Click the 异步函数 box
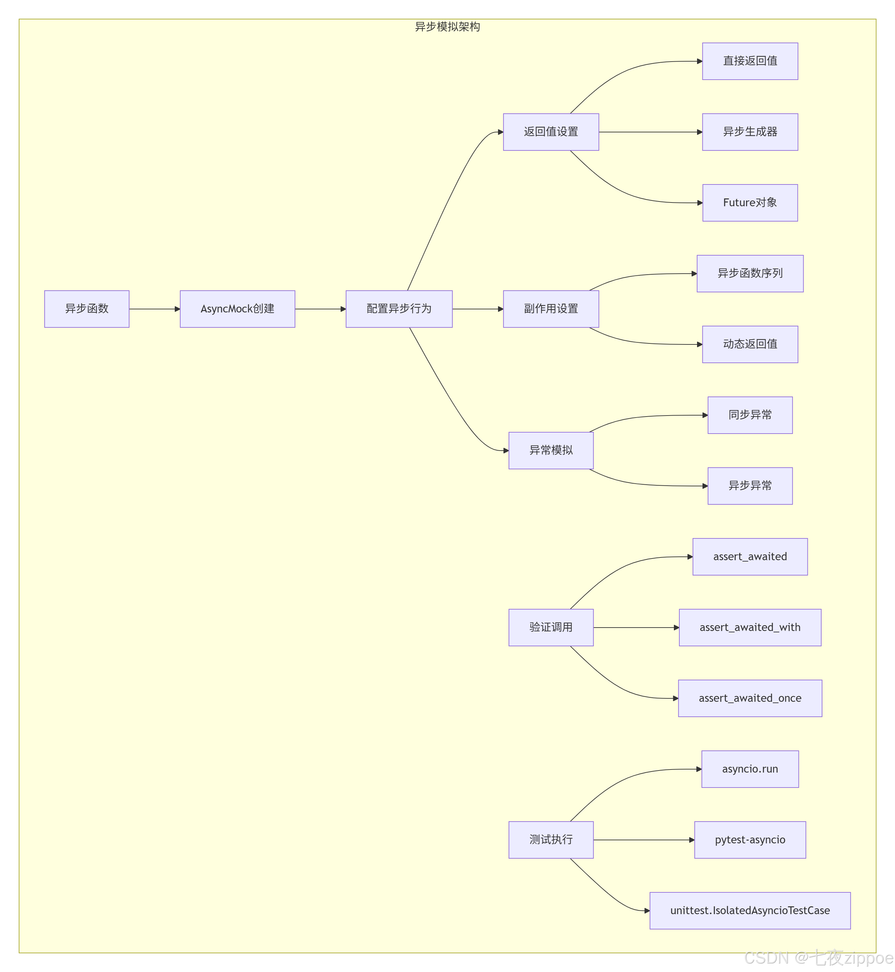[x=87, y=309]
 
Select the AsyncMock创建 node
[x=237, y=309]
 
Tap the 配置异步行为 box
[x=399, y=309]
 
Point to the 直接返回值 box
[x=750, y=61]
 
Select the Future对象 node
[x=750, y=203]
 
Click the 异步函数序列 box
[x=750, y=273]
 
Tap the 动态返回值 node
[x=750, y=344]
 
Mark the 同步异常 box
[x=750, y=415]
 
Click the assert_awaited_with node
[x=750, y=628]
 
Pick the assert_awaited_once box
[x=750, y=698]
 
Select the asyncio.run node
[x=750, y=769]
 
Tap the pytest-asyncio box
[x=750, y=840]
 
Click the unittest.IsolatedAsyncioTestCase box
[x=750, y=910]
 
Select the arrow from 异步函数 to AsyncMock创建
[x=154, y=309]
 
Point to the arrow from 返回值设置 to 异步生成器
[x=650, y=132]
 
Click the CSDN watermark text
[x=818, y=957]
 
